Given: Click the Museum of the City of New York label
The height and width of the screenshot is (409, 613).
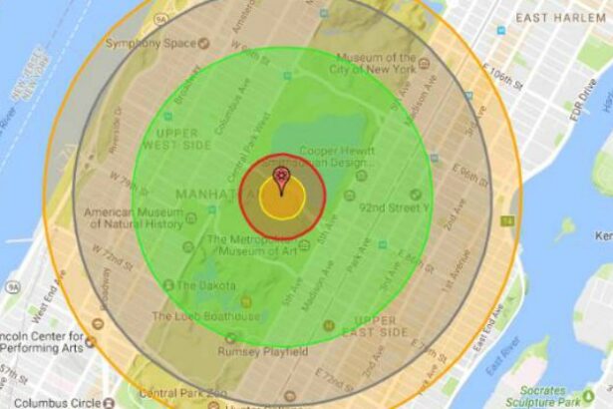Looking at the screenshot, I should click(x=375, y=65).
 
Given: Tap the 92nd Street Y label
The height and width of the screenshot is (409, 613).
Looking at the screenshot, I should click(x=394, y=207).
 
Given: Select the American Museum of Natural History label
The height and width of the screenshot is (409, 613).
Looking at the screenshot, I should click(x=132, y=219).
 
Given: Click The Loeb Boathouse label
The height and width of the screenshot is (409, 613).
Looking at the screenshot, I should click(x=204, y=316).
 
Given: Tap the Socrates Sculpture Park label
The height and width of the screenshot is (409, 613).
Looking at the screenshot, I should click(x=565, y=397).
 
